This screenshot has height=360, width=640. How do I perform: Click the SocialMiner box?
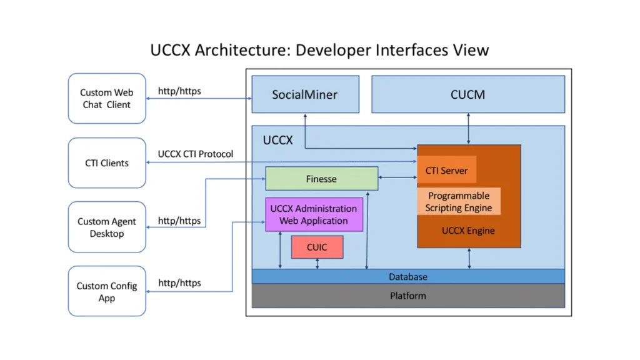305,94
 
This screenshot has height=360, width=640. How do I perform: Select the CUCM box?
468,94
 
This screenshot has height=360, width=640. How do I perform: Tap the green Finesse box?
322,178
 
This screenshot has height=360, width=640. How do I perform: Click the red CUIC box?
317,247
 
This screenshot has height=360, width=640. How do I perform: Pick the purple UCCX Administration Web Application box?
314,215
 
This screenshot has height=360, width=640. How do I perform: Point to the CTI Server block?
446,170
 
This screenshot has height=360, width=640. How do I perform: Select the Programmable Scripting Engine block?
459,201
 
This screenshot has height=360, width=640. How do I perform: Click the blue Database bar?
408,276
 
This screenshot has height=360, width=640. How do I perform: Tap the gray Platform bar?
408,296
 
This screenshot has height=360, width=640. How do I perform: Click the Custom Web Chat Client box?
107,98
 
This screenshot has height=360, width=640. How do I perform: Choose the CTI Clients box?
107,163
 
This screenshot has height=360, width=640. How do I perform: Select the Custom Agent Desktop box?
107,227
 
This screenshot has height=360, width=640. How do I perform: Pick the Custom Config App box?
107,291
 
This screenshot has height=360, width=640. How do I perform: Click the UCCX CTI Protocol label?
196,154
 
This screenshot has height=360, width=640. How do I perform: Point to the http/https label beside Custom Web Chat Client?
179,91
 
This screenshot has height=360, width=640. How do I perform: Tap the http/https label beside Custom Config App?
179,283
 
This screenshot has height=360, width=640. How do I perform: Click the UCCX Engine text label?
468,231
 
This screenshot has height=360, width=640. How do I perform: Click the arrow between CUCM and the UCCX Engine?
468,129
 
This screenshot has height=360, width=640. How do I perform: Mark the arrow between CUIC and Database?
317,264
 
